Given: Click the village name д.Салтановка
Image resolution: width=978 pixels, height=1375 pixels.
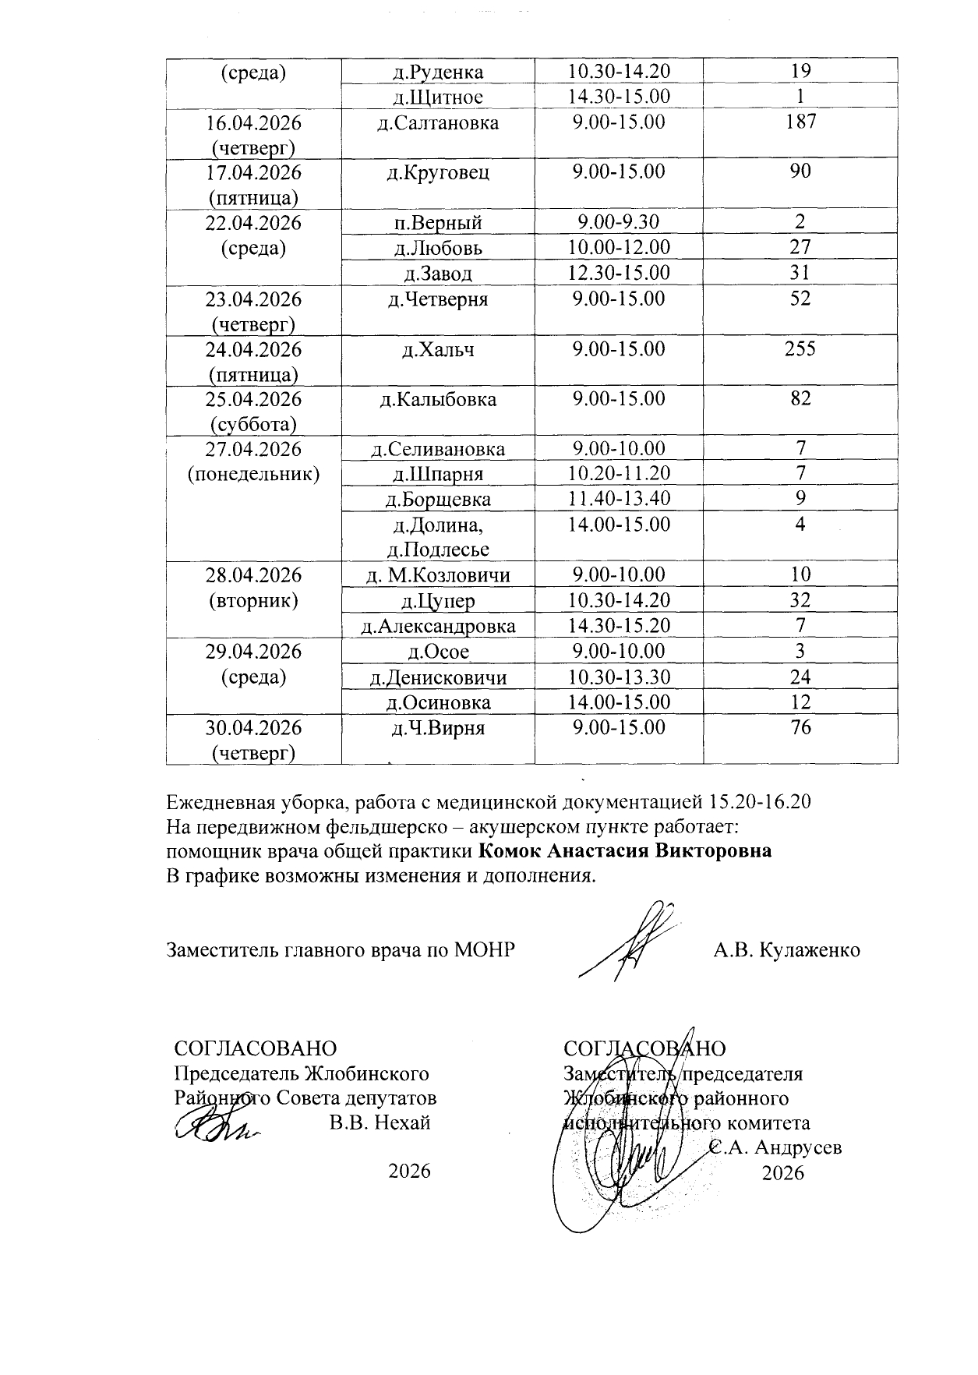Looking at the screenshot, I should (x=438, y=122).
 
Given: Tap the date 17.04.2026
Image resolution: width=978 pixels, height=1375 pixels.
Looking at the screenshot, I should (x=253, y=172).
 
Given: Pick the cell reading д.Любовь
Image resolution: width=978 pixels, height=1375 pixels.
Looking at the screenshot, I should (x=438, y=248).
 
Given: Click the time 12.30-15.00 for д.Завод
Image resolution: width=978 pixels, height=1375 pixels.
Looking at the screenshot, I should (x=619, y=273).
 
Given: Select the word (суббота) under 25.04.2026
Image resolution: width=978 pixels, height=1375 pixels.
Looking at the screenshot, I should (x=253, y=425).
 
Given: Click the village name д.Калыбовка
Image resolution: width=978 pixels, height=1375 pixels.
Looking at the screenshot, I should (x=438, y=400).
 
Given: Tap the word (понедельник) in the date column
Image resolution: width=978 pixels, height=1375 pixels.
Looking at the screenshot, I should (x=254, y=475).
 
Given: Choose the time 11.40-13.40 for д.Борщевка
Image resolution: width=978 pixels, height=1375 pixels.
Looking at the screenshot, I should (x=619, y=499).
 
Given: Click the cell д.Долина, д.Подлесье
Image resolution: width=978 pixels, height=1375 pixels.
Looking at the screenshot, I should (x=438, y=536).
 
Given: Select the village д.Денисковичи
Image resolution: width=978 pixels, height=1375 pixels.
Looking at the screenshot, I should (x=438, y=677).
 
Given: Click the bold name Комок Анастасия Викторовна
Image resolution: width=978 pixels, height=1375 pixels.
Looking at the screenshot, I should (x=624, y=850).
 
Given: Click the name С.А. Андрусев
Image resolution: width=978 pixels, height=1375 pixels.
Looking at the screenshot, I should (x=777, y=1148).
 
